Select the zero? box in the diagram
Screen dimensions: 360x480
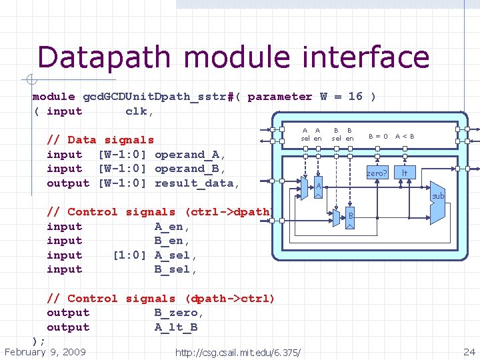point(377,173)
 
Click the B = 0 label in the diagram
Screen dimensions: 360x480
point(378,137)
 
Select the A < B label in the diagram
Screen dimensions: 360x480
point(405,137)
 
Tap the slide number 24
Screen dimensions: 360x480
point(469,351)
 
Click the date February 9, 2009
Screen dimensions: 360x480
point(45,351)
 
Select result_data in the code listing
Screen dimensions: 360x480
point(193,183)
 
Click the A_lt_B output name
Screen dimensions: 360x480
point(176,327)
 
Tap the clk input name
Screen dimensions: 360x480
point(139,111)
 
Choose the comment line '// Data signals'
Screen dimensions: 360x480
point(100,140)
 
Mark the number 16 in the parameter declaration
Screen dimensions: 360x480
point(355,97)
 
